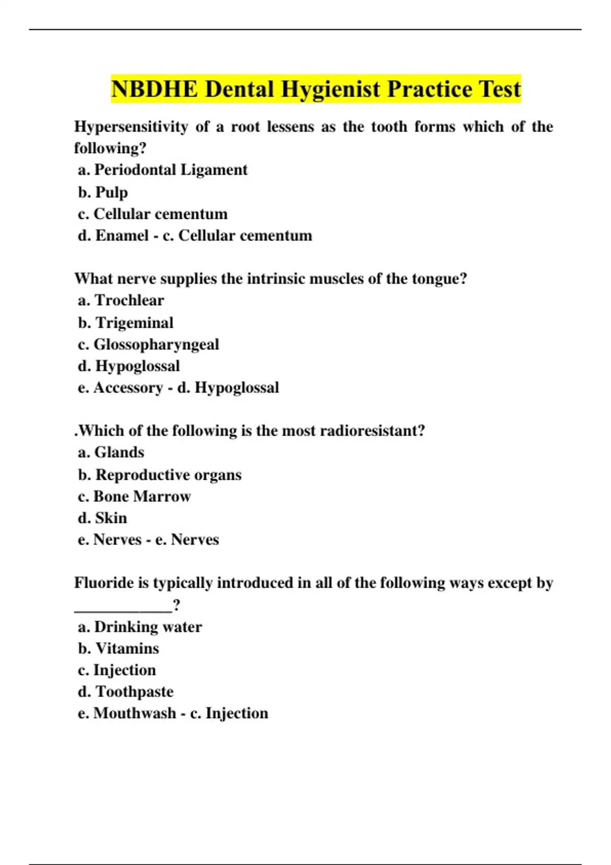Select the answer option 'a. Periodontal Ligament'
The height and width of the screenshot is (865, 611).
coord(162,170)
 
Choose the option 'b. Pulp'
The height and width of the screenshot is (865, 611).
coord(103,192)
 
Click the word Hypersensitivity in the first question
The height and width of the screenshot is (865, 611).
coord(131,127)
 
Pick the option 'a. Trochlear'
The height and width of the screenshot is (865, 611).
coord(121,301)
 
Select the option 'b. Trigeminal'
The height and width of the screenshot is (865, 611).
coord(126,323)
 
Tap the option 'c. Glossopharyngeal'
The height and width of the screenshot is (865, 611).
coord(149,344)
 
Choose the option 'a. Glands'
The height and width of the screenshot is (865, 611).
coord(111,452)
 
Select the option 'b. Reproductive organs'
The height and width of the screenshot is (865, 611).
coord(160,475)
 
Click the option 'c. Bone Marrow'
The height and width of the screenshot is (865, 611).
coord(134,497)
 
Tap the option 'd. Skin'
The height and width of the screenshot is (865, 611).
coord(102,518)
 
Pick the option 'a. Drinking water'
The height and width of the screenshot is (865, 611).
coord(140,627)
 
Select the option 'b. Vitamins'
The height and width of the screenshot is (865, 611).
coord(119,649)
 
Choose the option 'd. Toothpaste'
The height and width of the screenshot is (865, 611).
coord(126,692)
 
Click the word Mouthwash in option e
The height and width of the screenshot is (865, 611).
coord(134,713)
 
